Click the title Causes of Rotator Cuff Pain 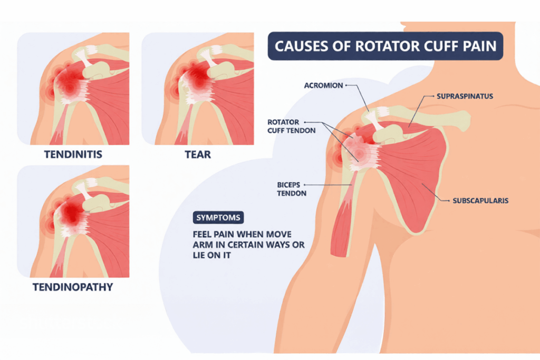point(385,46)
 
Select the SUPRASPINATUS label point(464,96)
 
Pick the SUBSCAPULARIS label point(480,201)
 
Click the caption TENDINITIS point(73,154)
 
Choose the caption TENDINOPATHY point(73,288)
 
